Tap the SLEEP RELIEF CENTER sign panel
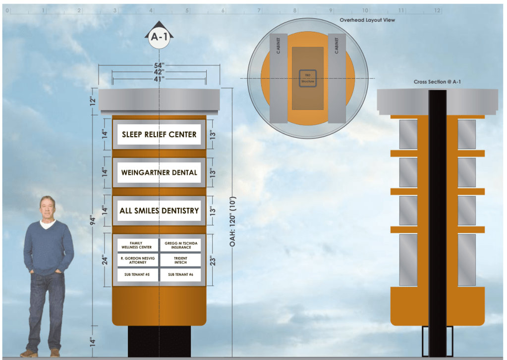point(159,134)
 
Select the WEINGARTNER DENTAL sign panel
point(159,173)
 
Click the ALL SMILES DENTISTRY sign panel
point(159,210)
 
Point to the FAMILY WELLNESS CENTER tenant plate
point(137,245)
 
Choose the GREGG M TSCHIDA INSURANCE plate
point(181,245)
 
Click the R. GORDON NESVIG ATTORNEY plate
point(137,260)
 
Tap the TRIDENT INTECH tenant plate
point(181,260)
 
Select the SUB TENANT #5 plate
point(137,274)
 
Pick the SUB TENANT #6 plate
point(181,274)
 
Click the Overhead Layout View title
point(367,20)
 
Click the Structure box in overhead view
point(307,79)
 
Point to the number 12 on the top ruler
point(437,10)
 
